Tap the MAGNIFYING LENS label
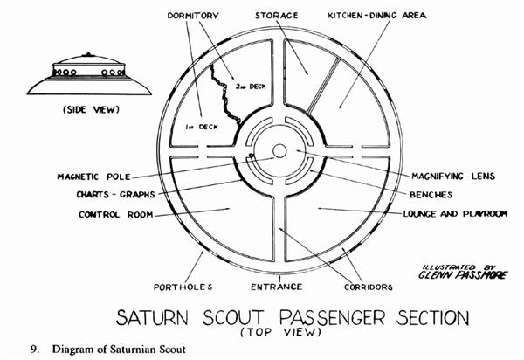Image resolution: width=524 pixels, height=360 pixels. point(453,176)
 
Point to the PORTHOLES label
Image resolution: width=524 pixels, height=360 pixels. point(180,286)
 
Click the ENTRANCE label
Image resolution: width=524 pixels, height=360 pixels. point(276,286)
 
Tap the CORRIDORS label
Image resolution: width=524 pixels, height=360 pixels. point(369,286)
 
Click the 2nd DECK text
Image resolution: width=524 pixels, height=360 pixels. point(250,85)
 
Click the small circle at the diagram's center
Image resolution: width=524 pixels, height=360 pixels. point(279,151)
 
